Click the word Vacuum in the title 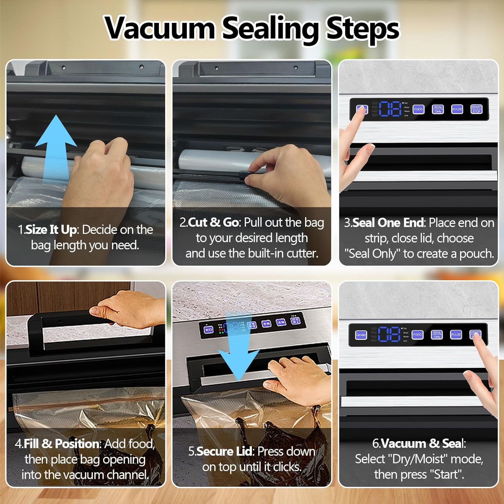point(160,28)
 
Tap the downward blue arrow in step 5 point(238,356)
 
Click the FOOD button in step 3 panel point(418,109)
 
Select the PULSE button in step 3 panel point(457,109)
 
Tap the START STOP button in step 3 point(476,109)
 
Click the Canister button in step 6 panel point(361,335)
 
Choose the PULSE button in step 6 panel point(456,334)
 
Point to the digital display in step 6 point(389,334)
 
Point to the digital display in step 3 point(390,109)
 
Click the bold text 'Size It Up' point(51,230)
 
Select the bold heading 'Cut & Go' point(213,222)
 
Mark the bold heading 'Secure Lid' point(224,452)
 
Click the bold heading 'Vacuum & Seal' point(422,444)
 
